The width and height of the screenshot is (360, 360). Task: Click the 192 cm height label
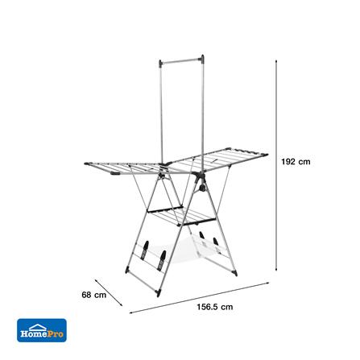point(296,162)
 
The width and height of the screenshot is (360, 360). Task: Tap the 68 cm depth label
point(93,295)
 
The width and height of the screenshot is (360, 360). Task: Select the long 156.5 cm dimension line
point(199,297)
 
